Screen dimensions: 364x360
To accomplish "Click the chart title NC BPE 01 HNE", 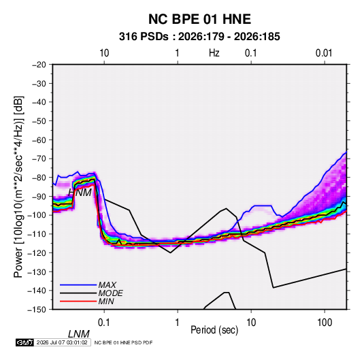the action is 199,19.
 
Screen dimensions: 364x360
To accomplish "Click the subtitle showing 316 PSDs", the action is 199,37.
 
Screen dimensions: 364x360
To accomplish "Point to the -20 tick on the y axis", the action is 39,65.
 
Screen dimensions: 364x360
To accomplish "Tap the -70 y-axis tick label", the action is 39,159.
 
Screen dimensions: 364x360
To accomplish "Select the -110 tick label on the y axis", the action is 37,234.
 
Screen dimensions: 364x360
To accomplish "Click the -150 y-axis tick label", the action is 37,310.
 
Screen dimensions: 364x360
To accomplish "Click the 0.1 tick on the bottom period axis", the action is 104,323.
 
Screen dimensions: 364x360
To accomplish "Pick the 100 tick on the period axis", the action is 325,323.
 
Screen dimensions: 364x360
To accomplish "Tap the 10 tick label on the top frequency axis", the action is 104,53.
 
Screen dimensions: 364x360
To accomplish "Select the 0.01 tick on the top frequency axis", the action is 324,53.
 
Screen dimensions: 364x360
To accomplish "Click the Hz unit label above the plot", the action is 214,53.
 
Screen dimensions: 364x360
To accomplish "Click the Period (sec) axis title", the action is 214,330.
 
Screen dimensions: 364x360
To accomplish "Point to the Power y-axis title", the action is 18,187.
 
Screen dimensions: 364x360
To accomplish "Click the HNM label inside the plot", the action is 80,193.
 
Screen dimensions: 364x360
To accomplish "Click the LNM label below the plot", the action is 79,334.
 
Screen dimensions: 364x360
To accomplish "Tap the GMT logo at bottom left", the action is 25,342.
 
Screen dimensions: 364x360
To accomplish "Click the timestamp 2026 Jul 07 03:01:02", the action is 62,342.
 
